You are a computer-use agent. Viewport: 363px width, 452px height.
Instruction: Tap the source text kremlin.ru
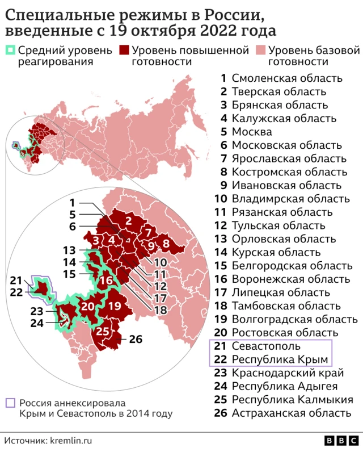coord(71,440)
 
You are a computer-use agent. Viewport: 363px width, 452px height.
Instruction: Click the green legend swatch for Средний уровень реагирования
coord(10,50)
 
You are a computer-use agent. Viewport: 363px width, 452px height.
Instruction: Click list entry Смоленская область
coord(287,78)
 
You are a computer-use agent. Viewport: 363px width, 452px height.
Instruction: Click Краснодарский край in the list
coord(288,373)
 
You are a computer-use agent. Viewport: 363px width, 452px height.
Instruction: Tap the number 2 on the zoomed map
coord(128,221)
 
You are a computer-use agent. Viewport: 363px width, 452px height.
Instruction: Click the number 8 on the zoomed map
coord(166,244)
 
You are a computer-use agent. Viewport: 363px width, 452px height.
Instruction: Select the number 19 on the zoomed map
coord(115,305)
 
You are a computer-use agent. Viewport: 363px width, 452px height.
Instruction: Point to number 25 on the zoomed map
coord(103,332)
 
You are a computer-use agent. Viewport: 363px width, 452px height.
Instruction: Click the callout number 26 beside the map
coord(136,340)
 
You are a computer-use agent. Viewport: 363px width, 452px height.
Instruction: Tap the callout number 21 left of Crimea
coord(15,280)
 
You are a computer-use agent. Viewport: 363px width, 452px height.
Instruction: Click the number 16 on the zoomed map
coord(105,281)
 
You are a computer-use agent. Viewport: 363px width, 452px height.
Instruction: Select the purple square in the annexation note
coord(10,402)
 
